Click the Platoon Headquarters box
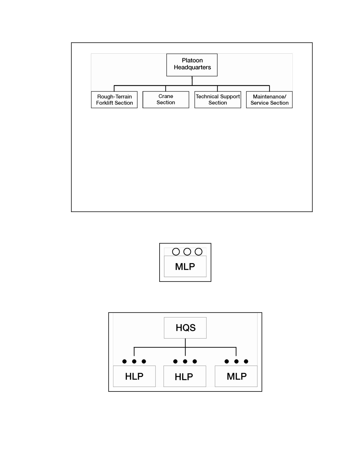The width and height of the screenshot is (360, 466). coord(192,65)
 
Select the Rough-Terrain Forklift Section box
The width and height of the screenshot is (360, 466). coord(114,100)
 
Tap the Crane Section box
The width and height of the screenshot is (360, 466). coord(166,100)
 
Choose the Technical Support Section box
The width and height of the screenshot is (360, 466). coord(218,100)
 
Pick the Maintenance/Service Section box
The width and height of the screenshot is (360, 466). coord(269,100)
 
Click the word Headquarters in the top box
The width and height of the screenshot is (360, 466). coord(192,67)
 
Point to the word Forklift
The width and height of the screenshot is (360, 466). coord(104,103)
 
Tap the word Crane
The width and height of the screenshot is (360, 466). coord(166,96)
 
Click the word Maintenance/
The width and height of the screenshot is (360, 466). coord(270,97)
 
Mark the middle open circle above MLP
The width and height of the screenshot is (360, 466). coord(187,252)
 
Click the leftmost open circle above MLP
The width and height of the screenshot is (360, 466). coord(176,252)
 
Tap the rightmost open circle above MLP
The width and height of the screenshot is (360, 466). coord(198,252)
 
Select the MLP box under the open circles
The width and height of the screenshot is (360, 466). coord(185,266)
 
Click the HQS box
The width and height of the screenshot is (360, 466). coord(185,328)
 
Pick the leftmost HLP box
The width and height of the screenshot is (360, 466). coord(134,376)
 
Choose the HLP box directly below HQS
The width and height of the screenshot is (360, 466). coord(185,376)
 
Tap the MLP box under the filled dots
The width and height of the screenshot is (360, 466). coord(236,376)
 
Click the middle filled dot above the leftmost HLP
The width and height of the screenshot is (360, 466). coord(134,362)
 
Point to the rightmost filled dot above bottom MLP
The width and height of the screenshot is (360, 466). coord(246,362)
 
